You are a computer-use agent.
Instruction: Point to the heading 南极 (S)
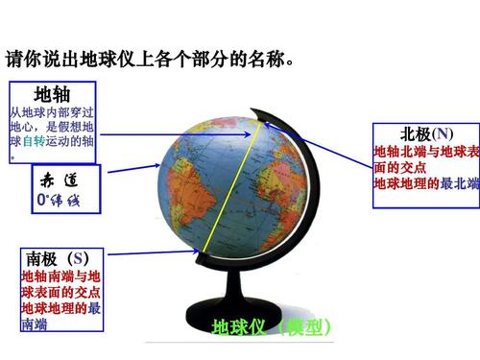59,259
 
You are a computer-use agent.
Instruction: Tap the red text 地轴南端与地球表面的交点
60,284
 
